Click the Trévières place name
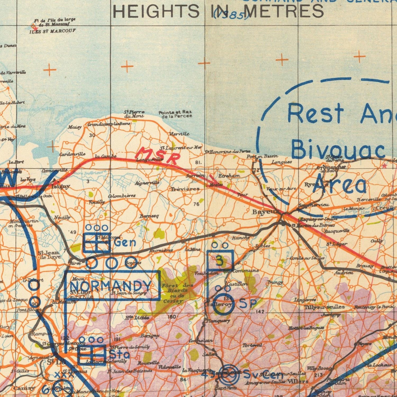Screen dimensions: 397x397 (x=185, y=189)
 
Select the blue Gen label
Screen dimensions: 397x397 (x=125, y=242)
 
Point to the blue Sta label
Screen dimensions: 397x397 (x=119, y=354)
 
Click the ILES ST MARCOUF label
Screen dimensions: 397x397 (x=52, y=31)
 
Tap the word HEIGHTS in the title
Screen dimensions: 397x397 (x=155, y=11)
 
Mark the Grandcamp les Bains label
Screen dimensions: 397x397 (x=108, y=124)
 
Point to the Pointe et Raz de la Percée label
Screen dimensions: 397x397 (x=175, y=114)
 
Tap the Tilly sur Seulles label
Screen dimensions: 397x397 (x=324, y=307)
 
